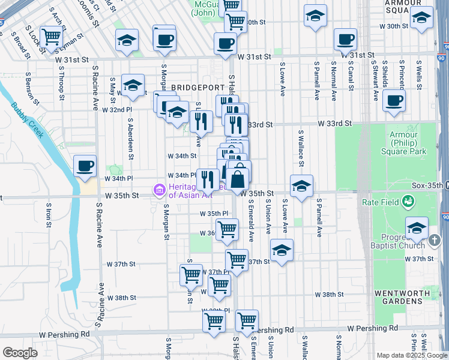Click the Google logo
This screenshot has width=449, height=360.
tap(20, 353)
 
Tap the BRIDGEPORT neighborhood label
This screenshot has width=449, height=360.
tap(192, 88)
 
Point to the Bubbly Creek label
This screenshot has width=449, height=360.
tap(27, 121)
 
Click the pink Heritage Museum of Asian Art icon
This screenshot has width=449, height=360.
tap(160, 191)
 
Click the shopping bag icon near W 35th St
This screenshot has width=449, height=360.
tap(238, 178)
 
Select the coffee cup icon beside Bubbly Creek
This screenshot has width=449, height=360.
tap(85, 165)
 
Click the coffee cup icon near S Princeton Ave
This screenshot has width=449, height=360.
tap(394, 100)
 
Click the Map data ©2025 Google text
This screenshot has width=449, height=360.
tap(411, 355)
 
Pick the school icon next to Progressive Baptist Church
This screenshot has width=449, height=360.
tap(417, 228)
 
